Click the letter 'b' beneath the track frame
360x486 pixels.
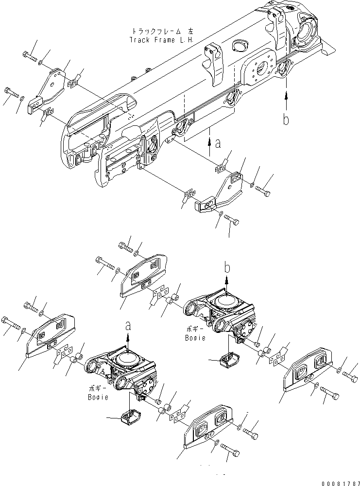click(286, 119)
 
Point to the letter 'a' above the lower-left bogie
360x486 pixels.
click(128, 326)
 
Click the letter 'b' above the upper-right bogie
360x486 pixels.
click(226, 267)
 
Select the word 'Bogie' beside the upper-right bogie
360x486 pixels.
click(195, 337)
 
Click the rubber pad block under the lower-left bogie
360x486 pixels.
click(129, 417)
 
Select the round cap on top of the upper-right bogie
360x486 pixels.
click(226, 301)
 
